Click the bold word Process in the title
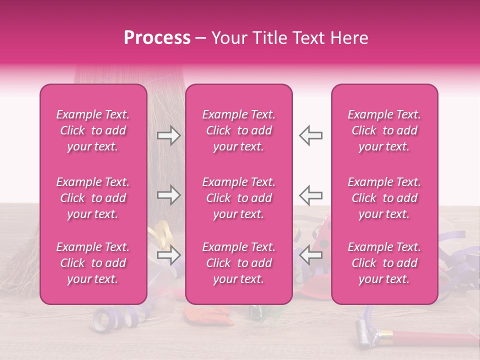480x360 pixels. click(x=157, y=38)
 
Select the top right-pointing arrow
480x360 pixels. click(x=168, y=135)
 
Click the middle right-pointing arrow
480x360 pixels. click(x=168, y=195)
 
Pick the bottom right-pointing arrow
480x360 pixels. click(x=168, y=255)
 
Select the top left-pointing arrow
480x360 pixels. click(x=310, y=135)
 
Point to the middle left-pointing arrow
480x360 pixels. click(x=310, y=195)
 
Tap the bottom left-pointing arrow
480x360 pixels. click(x=310, y=255)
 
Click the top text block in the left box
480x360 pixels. click(x=93, y=130)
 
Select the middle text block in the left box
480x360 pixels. click(x=93, y=198)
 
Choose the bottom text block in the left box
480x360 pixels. click(x=93, y=263)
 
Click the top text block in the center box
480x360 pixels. click(x=239, y=130)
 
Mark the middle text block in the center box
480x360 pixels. click(x=239, y=198)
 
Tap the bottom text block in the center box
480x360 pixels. click(x=239, y=263)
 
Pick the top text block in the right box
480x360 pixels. click(x=384, y=130)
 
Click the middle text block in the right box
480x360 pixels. click(x=384, y=198)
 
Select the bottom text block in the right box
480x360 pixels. click(x=384, y=263)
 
